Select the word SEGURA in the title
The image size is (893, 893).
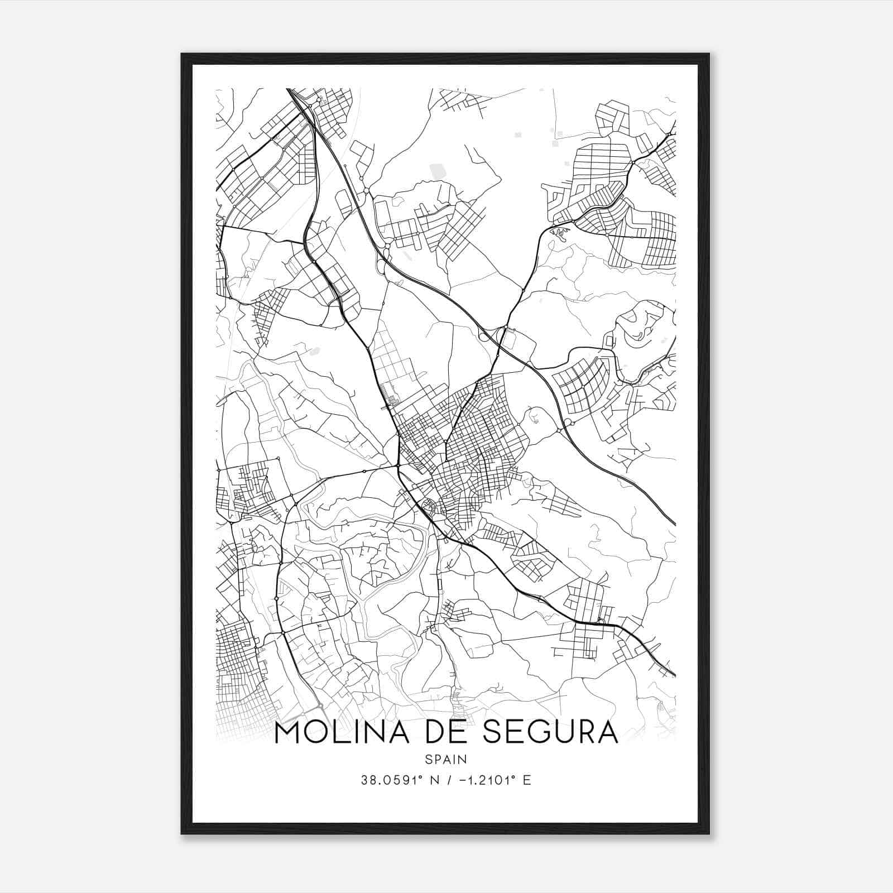point(550,732)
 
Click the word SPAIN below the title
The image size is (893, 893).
point(446,759)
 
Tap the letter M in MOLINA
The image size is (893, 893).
point(289,732)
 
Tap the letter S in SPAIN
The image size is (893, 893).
point(428,759)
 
